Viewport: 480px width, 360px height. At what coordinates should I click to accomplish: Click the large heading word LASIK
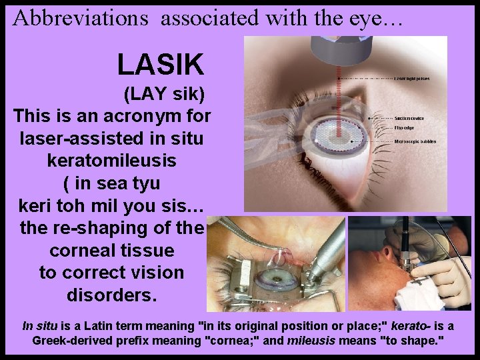[160, 65]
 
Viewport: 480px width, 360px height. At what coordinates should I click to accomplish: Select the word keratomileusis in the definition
[113, 161]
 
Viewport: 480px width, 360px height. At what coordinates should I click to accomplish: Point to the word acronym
[140, 116]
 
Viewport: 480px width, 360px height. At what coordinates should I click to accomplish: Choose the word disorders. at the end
[112, 295]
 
